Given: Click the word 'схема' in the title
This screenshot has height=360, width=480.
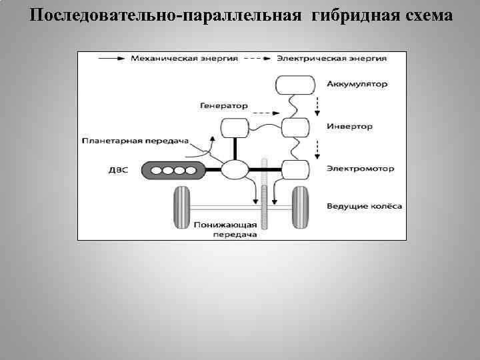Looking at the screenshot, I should [426, 15].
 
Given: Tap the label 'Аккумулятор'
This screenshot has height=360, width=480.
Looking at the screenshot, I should [357, 84].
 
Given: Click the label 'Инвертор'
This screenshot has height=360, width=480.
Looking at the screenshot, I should [350, 126].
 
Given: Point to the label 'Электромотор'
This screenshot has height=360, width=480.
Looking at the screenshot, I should [360, 168].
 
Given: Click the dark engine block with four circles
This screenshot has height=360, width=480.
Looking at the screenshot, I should [173, 171].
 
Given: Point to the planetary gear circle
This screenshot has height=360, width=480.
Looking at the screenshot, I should [234, 170].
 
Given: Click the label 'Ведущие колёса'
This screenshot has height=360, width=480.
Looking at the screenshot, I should [364, 206].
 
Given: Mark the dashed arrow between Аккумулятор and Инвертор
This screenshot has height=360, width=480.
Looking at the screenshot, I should [317, 105].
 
